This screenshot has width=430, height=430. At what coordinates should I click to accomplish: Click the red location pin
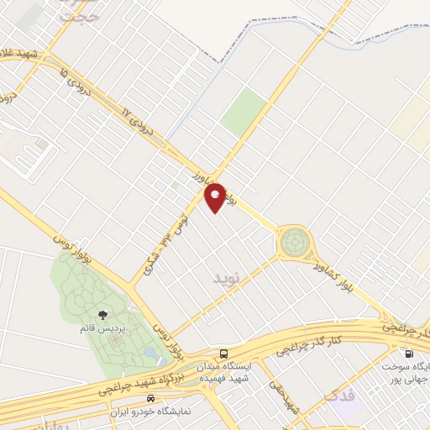(x=216, y=197)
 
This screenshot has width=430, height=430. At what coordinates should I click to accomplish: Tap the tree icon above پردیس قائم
(x=102, y=316)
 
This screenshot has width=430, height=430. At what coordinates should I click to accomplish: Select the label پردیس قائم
(x=102, y=329)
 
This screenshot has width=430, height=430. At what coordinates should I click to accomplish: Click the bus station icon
(x=223, y=354)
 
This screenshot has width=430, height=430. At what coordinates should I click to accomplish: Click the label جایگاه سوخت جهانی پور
(x=406, y=372)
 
